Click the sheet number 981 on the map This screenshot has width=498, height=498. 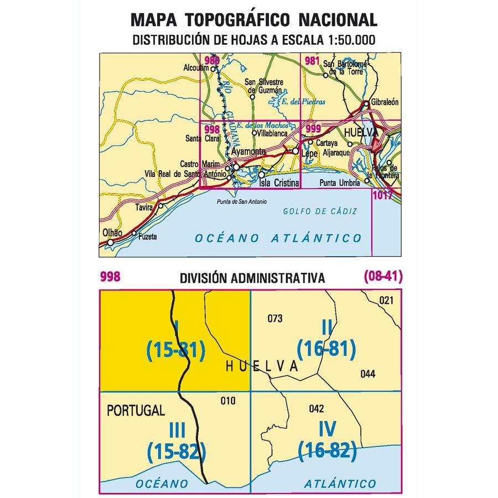pyautogui.click(x=312, y=61)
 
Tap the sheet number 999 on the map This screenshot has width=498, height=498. pyautogui.click(x=313, y=128)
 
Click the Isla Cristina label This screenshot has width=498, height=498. pyautogui.click(x=279, y=183)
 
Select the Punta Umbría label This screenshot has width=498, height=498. pyautogui.click(x=338, y=183)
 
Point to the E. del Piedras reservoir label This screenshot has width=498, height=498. pyautogui.click(x=303, y=102)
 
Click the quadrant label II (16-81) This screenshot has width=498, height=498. pyautogui.click(x=326, y=339)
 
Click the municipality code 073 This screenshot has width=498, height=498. pyautogui.click(x=274, y=318)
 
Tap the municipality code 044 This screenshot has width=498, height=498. pyautogui.click(x=367, y=373)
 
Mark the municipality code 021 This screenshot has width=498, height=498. pyautogui.click(x=386, y=300)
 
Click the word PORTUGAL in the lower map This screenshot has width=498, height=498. pyautogui.click(x=136, y=411)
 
